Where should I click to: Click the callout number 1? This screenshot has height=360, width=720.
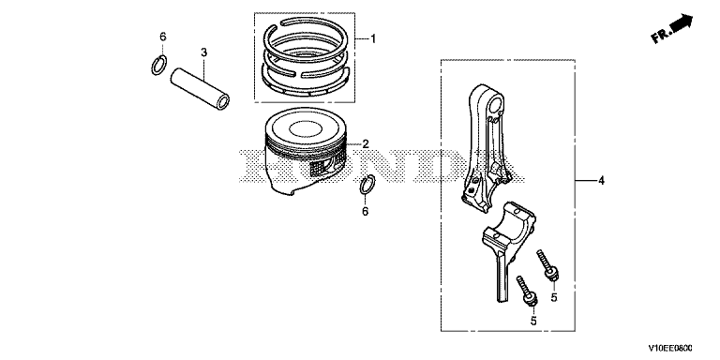tap(373, 39)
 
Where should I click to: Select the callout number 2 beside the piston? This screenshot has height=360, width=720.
tap(366, 144)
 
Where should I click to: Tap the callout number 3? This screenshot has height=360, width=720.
tap(203, 52)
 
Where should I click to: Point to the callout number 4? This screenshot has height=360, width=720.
tap(602, 181)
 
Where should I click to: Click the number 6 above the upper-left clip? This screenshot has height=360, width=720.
tap(163, 37)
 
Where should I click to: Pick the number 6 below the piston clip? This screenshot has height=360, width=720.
tap(366, 212)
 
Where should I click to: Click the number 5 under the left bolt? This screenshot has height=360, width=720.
tap(533, 321)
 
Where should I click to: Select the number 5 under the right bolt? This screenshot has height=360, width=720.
tap(554, 297)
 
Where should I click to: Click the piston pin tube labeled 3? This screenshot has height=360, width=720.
tap(200, 88)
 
